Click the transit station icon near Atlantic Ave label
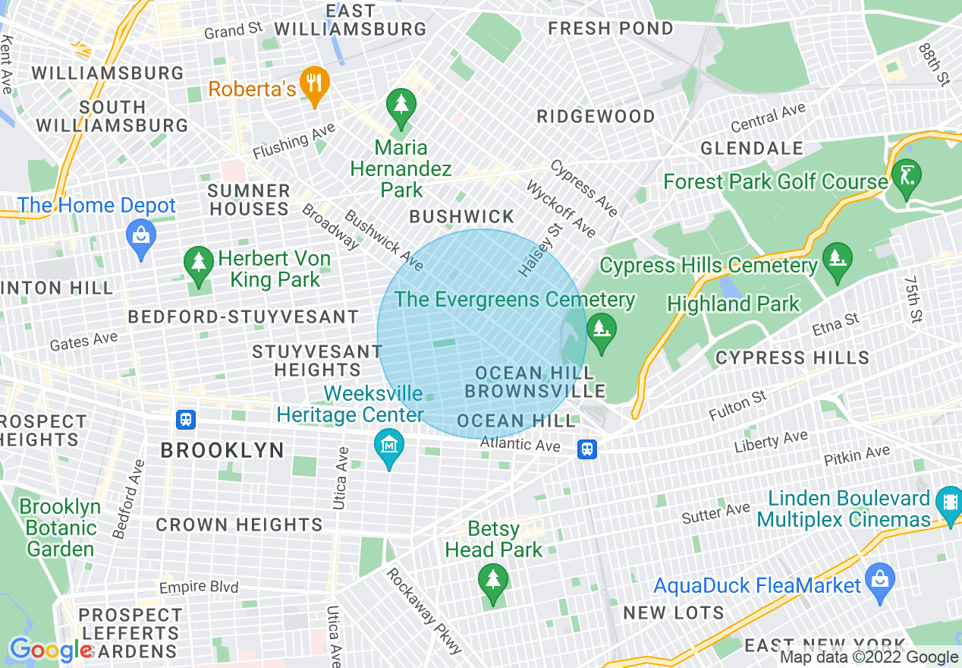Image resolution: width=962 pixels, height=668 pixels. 586,449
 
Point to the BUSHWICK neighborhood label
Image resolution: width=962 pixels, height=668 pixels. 461,217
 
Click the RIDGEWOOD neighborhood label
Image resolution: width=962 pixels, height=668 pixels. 596,116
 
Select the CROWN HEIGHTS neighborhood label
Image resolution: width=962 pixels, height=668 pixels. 239,525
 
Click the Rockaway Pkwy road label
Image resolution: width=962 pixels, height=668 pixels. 423,610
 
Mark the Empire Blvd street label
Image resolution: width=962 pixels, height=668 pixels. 198,587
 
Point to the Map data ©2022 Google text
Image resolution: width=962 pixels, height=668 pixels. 869,657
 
